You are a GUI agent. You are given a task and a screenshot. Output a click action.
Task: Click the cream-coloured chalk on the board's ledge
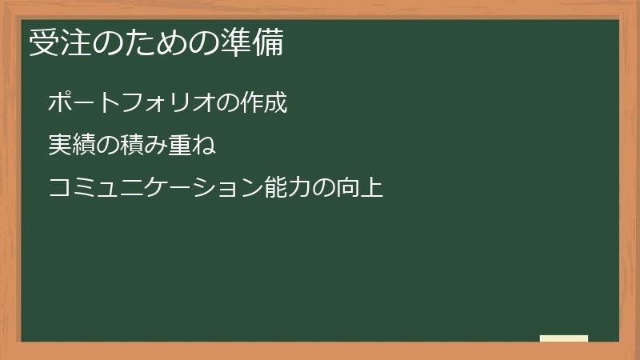pos(563,338)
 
